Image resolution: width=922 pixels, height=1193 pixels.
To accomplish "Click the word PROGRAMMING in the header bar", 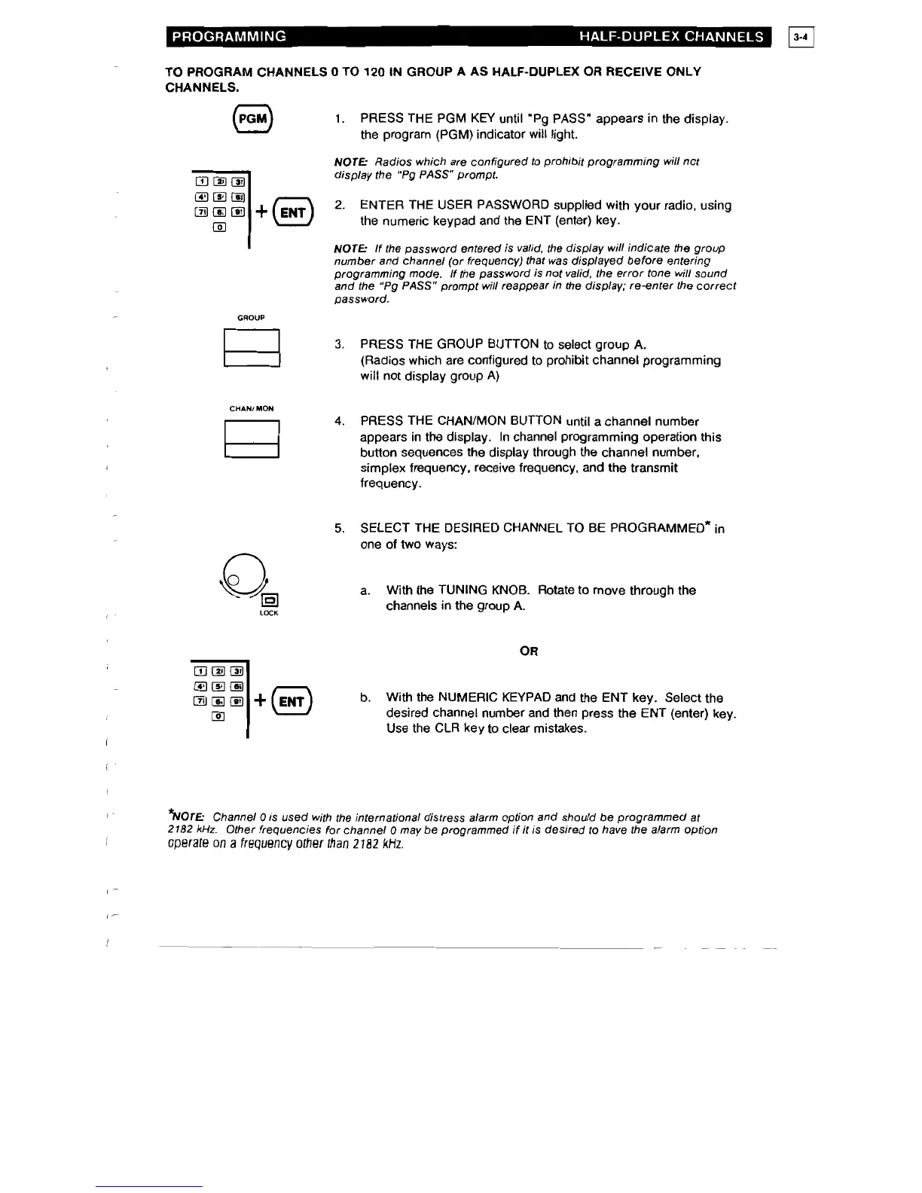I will click(228, 36).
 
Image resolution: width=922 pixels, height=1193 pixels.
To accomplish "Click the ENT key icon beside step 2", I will click(293, 213).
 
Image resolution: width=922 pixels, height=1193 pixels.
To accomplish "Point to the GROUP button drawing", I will click(252, 349).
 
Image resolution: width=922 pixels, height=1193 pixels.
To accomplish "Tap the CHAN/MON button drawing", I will click(252, 439).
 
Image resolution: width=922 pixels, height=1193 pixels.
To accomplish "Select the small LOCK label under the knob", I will click(269, 614).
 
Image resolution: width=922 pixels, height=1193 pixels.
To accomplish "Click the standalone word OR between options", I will click(529, 651).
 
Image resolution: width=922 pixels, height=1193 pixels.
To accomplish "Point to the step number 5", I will click(339, 529).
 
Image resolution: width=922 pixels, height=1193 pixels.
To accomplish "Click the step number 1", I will click(340, 119).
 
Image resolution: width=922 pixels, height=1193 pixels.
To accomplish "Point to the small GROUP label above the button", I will click(251, 318).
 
